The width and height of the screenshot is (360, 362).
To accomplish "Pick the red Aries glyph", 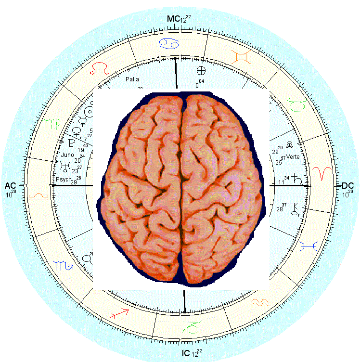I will pos(321,172).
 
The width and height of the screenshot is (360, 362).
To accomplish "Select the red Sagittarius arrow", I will pos(120,313).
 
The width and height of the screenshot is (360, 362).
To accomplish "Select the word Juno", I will pos(67,155).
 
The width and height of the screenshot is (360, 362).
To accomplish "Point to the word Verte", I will pos(293,157).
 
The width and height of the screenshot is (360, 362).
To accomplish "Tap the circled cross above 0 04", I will pos(201,71).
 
